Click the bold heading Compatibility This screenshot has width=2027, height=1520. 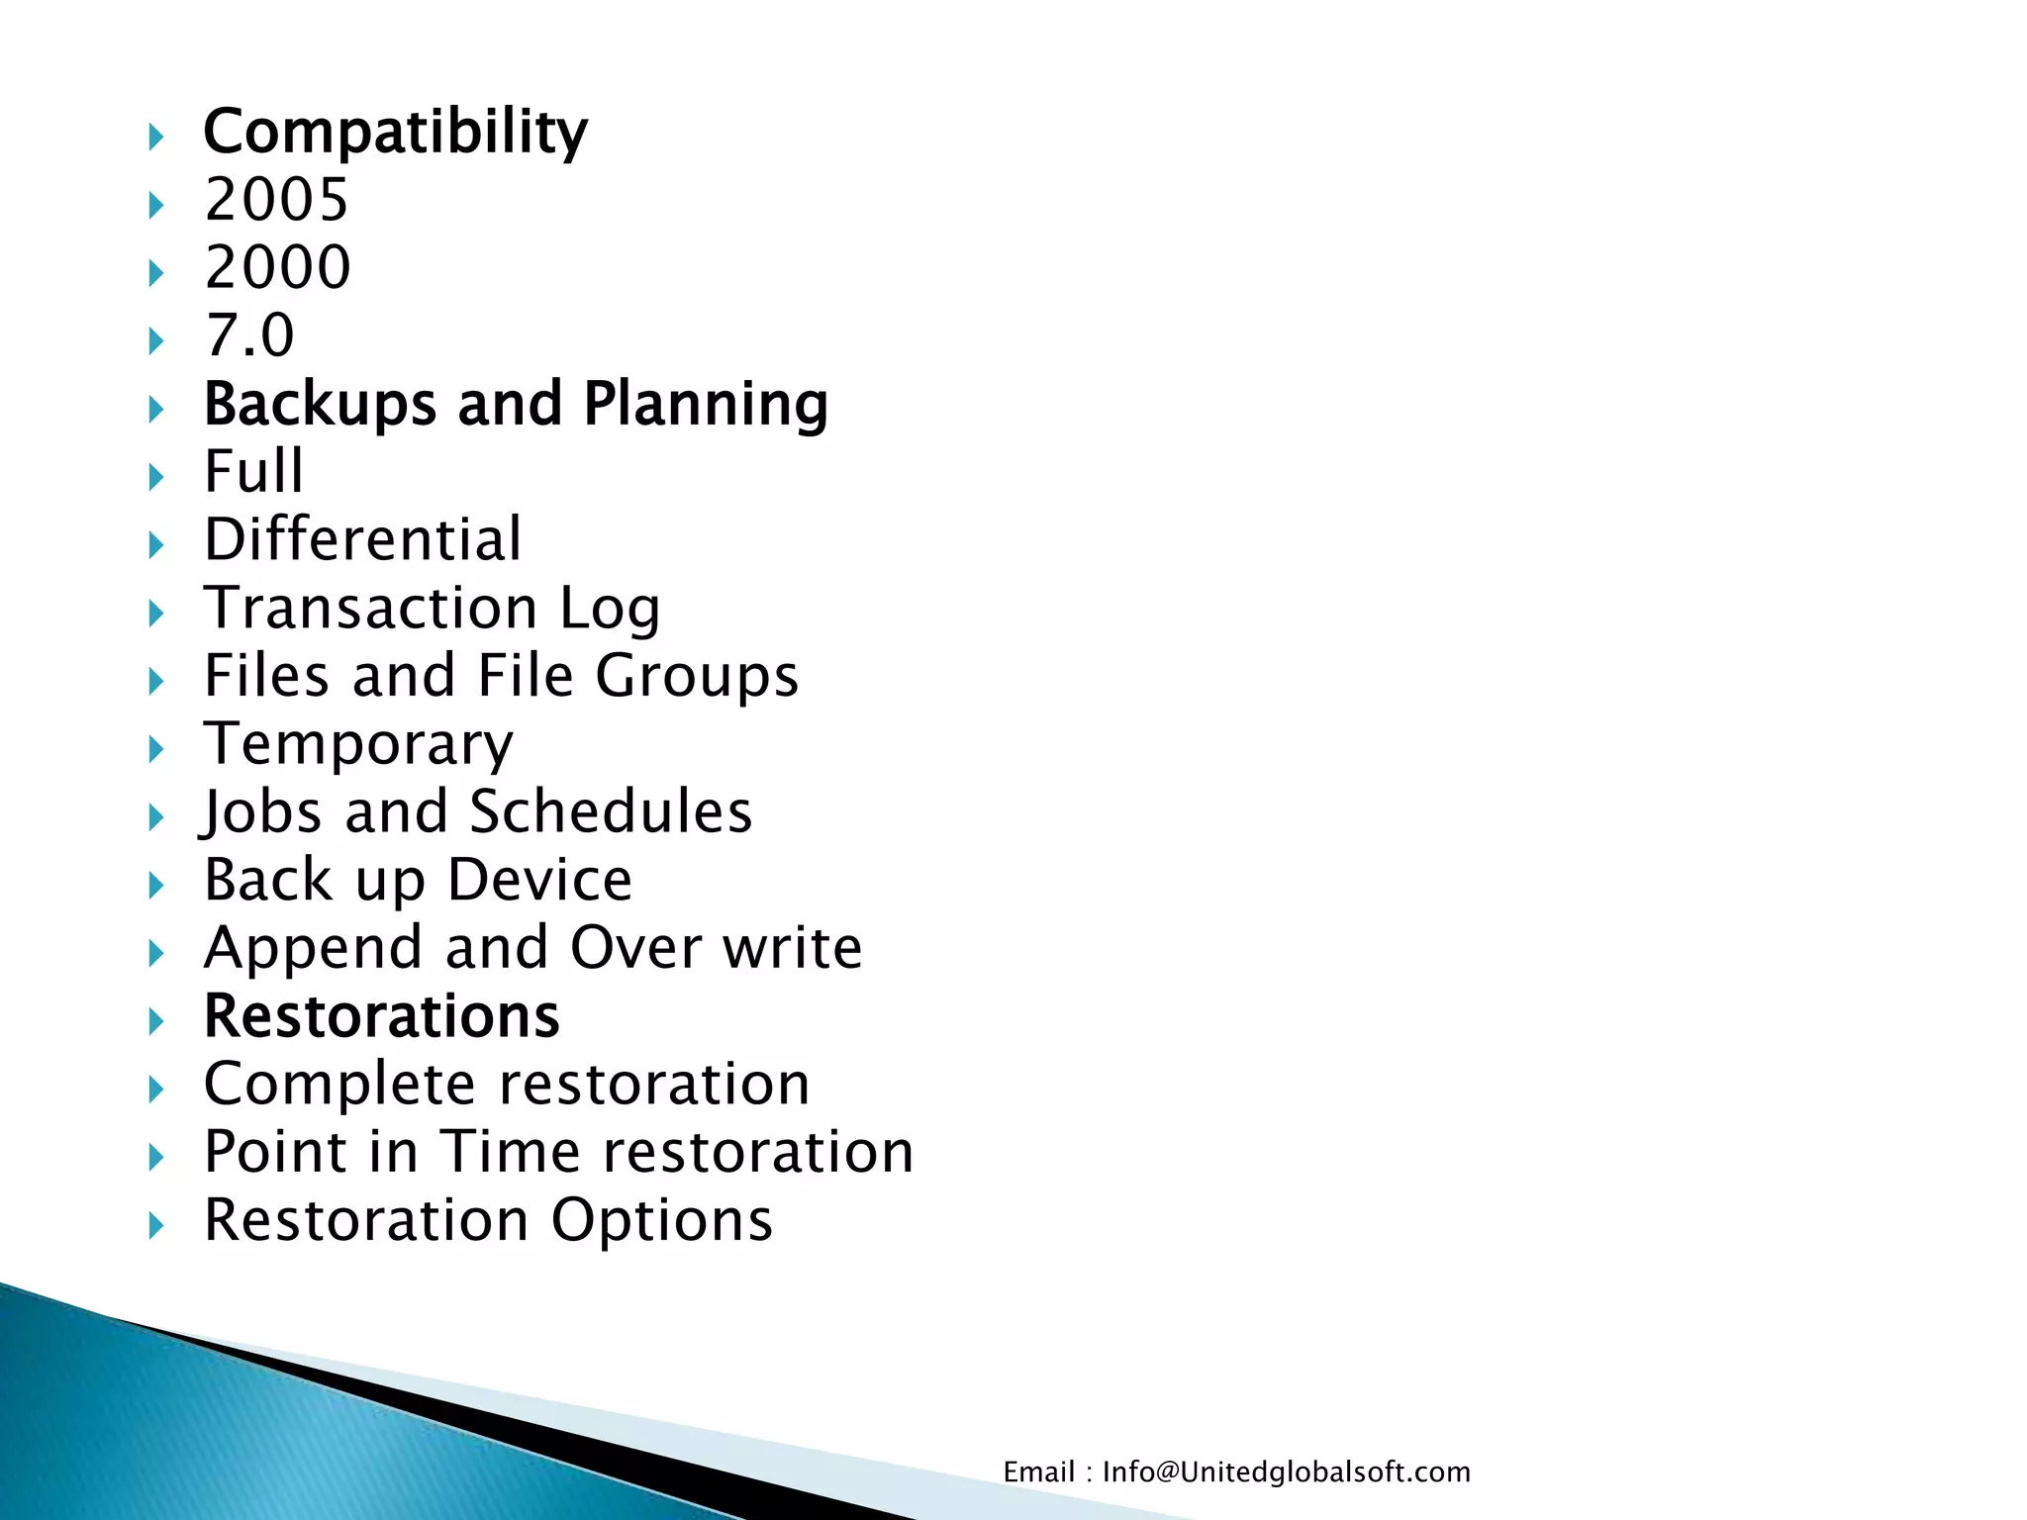pos(395,133)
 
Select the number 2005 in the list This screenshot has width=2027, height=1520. pos(277,200)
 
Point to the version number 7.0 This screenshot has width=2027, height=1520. pos(249,335)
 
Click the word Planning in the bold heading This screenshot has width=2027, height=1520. pos(705,405)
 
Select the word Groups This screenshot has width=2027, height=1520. pos(697,677)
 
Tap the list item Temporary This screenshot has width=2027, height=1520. pos(358,744)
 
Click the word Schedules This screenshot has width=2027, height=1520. pos(611,812)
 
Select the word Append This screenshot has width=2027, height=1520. pos(313,949)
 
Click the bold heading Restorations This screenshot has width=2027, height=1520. pos(381,1016)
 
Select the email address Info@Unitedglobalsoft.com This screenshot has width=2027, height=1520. pos(1286,1472)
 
